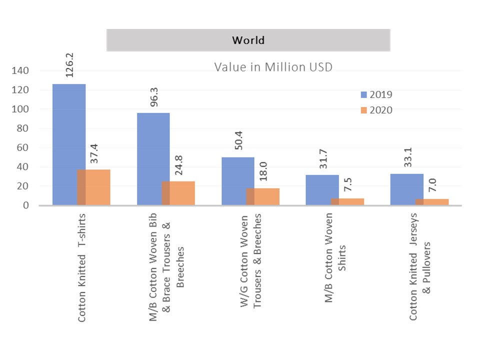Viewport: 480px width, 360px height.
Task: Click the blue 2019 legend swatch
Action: click(364, 94)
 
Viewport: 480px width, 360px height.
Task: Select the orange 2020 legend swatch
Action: click(364, 110)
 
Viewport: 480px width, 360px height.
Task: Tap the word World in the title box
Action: click(248, 40)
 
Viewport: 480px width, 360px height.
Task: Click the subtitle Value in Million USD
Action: click(273, 66)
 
